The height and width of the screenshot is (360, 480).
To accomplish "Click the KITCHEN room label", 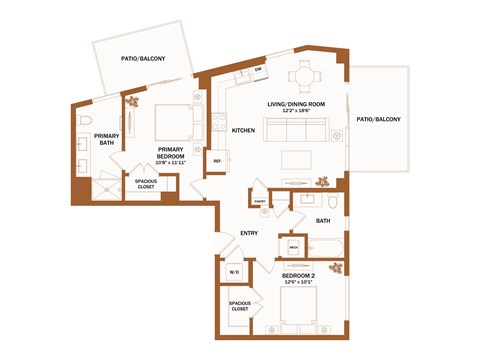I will (x=243, y=131).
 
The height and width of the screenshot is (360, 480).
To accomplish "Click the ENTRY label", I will (x=249, y=233).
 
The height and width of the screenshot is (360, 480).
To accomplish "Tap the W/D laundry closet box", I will (x=234, y=272).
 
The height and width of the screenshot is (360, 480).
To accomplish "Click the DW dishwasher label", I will (x=257, y=69).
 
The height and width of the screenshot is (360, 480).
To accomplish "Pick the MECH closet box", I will (x=294, y=246).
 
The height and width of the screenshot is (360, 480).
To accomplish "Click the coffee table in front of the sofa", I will (x=300, y=160).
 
